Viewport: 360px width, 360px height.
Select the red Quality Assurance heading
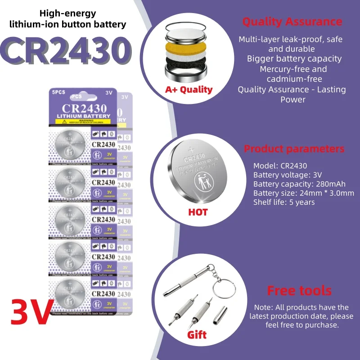coord(292,22)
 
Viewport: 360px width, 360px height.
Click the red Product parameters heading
coord(294,149)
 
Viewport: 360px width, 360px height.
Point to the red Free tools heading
coord(299,290)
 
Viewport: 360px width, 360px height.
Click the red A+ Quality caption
coord(189,90)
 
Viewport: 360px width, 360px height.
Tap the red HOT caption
coord(198,211)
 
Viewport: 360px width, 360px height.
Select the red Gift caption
coord(197,335)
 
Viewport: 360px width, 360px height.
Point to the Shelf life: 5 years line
coord(284,202)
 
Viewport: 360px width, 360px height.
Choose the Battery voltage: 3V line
coord(288,175)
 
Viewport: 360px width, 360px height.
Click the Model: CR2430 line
coord(280,166)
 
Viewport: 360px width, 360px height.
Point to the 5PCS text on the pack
coord(58,92)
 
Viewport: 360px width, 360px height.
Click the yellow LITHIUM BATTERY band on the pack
coord(83,116)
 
